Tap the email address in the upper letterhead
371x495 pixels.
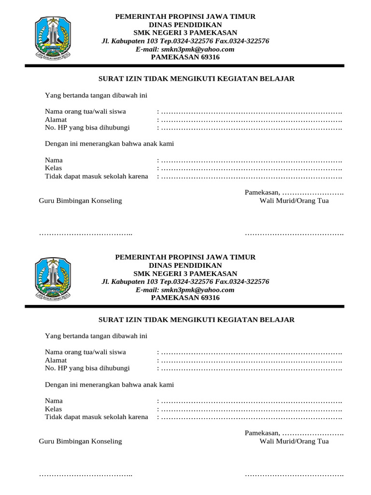coord(185,49)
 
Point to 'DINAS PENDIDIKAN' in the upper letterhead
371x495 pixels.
coord(185,25)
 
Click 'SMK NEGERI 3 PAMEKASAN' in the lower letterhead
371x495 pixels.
coord(185,274)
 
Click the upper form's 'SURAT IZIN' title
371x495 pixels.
coord(196,79)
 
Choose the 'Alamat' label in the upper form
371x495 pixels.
coord(56,120)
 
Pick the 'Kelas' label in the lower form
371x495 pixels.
coord(54,409)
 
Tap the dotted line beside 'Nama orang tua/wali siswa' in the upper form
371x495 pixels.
coord(251,112)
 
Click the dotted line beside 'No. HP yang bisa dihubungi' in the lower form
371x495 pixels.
coord(251,369)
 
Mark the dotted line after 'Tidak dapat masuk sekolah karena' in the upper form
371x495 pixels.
coord(251,176)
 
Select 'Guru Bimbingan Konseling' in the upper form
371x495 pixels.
coord(80,201)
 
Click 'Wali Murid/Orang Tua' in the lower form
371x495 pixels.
coord(294,441)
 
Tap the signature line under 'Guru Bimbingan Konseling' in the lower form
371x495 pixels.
coord(86,475)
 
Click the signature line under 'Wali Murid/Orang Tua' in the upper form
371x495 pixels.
coord(294,234)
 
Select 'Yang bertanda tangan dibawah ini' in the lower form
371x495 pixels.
coord(96,336)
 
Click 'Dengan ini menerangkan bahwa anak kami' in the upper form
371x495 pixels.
coord(110,144)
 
